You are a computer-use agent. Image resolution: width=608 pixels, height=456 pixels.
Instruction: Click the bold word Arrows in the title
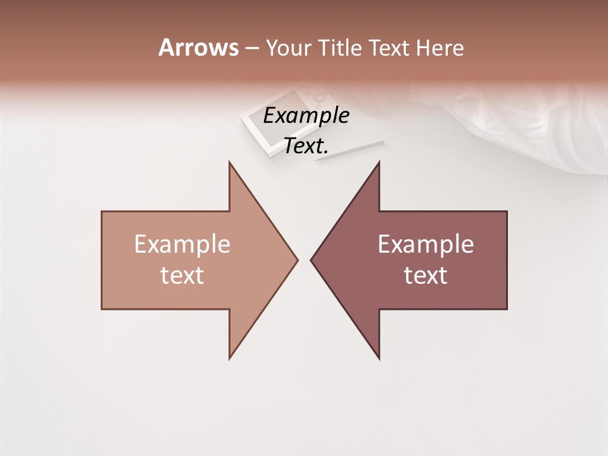(x=198, y=47)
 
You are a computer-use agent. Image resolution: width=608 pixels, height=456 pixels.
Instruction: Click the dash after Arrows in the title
(x=251, y=49)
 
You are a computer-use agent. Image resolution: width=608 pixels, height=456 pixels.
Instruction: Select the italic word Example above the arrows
(x=306, y=115)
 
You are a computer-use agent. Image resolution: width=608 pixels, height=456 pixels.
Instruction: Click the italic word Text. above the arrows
(x=306, y=146)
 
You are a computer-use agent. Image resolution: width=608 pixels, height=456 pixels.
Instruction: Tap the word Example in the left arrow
(x=182, y=244)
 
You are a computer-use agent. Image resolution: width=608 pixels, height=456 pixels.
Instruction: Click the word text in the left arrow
(x=182, y=275)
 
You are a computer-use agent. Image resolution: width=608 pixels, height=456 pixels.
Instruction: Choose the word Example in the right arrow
(x=426, y=244)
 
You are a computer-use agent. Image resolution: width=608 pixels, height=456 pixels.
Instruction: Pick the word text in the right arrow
(x=426, y=275)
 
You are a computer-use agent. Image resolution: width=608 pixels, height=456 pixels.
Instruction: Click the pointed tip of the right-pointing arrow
(x=297, y=260)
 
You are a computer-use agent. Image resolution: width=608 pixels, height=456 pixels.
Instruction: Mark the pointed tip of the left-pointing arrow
(x=311, y=260)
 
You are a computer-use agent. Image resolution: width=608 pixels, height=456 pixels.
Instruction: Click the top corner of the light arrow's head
(x=229, y=162)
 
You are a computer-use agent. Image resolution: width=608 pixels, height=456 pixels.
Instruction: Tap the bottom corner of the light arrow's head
(x=229, y=358)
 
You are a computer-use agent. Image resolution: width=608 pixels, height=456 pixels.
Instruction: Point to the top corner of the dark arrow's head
(x=379, y=162)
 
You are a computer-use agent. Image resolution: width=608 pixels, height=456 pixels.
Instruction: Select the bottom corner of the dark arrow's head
(x=379, y=358)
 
